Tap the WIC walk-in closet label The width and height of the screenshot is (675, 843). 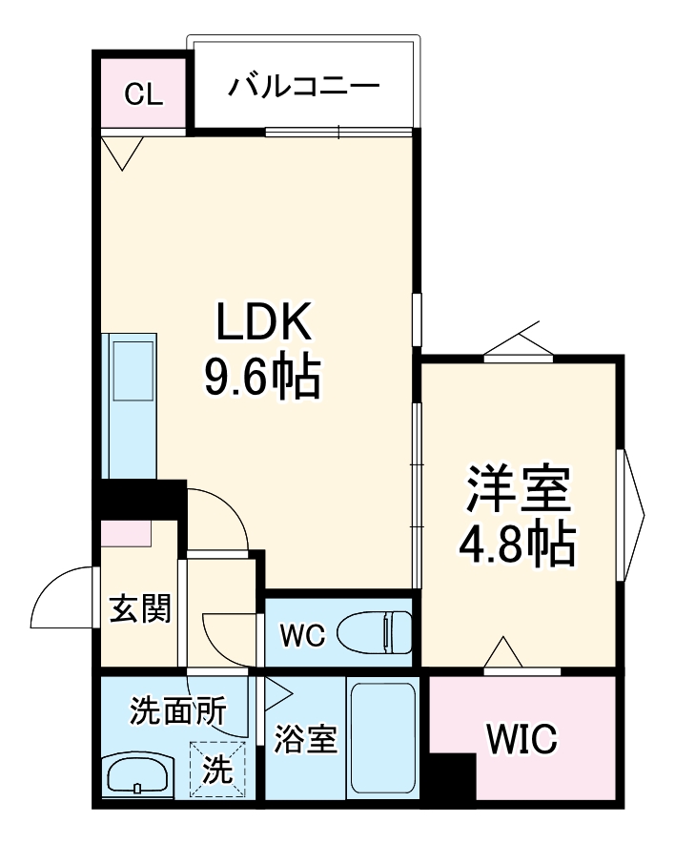(522, 739)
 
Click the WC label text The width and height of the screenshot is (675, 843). (303, 632)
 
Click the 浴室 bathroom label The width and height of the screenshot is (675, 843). (305, 740)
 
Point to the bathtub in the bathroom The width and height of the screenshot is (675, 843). (380, 739)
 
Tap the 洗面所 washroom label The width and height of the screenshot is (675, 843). (178, 710)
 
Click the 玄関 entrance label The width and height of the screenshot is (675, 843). (139, 607)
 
